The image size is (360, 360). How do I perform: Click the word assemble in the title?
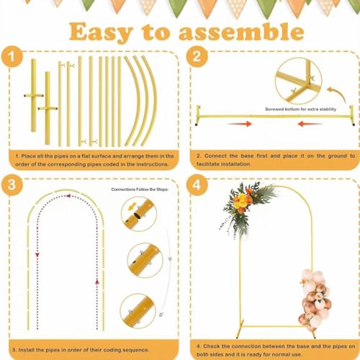tap(242, 32)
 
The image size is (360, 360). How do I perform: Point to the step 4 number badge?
tap(199, 184)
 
